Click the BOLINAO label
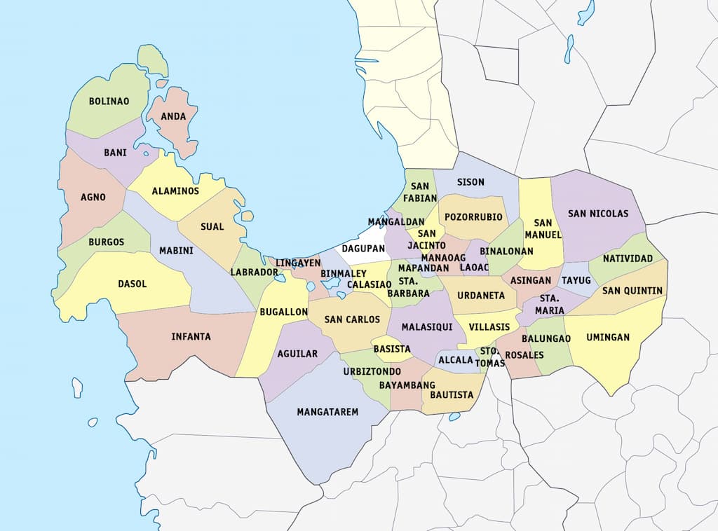109,102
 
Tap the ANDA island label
173,117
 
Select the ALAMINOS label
175,191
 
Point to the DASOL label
132,284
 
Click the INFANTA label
191,337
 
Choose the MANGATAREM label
327,412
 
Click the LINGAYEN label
298,263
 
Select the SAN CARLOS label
352,320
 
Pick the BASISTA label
392,349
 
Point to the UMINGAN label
608,338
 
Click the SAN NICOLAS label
598,214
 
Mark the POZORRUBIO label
473,217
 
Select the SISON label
470,182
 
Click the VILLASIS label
489,327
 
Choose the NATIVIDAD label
628,259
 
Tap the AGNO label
93,198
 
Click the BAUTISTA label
452,395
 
